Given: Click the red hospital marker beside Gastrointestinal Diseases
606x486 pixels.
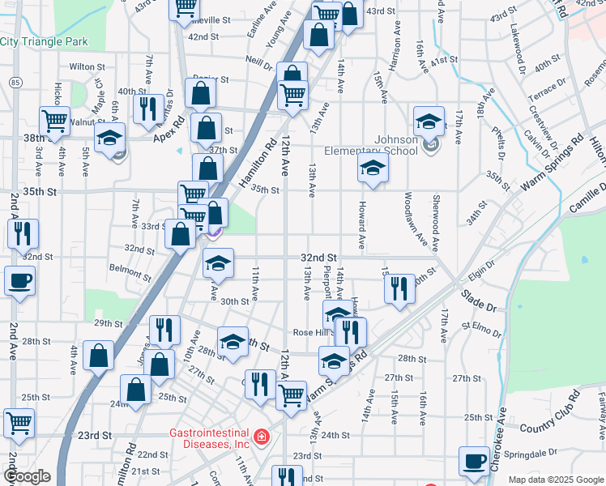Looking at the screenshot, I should click(x=262, y=438).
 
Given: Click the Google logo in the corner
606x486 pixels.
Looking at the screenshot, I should click(x=27, y=476).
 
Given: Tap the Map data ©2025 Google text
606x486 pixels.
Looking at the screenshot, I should click(x=556, y=480).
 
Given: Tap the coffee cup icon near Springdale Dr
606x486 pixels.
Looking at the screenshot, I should click(x=474, y=460).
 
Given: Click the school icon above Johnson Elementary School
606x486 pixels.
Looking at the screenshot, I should click(x=428, y=121).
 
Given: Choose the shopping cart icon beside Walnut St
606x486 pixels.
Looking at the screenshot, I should click(x=54, y=121).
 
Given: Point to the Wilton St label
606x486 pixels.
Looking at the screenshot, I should click(x=87, y=66).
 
